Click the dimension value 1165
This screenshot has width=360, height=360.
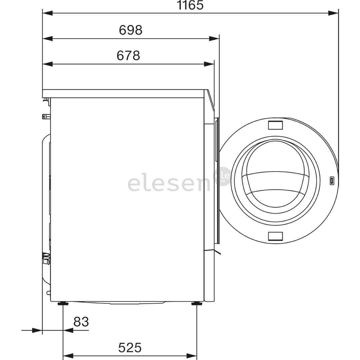point(190,5)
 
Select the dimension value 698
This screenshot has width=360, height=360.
point(131,30)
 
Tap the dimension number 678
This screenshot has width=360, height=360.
point(128,55)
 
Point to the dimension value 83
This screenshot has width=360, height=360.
point(81,322)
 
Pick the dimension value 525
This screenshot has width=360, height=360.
point(130,348)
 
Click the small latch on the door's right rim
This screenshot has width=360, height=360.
point(332,181)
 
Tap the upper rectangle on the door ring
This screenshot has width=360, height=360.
point(275,125)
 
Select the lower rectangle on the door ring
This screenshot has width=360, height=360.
point(275,236)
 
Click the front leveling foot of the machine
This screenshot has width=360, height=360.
point(196,303)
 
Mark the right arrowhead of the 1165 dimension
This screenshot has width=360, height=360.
point(333,13)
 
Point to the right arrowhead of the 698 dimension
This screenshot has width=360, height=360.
point(214,39)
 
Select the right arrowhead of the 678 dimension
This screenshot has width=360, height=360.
point(209,64)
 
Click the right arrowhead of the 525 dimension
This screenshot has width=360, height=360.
point(192,356)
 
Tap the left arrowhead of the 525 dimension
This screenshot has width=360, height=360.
point(68,356)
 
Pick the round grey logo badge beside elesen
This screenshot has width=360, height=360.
point(223,176)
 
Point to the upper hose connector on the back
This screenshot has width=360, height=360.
point(46,116)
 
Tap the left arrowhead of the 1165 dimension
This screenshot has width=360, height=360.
point(48,13)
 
